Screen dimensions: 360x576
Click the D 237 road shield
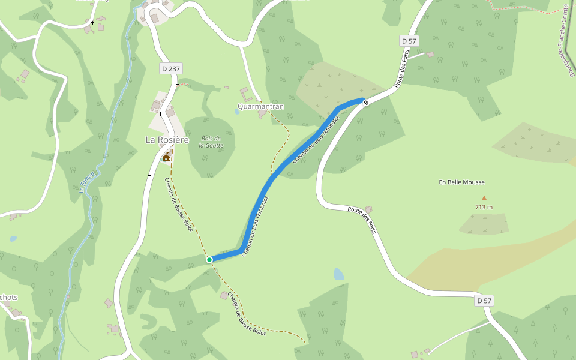[x=171, y=69]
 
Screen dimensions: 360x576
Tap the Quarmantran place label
[x=260, y=106]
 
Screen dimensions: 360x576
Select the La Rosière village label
[x=167, y=140]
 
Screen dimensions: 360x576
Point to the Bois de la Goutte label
[x=211, y=142]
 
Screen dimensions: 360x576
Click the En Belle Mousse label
[x=461, y=182]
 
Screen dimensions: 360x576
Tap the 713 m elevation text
[x=484, y=207]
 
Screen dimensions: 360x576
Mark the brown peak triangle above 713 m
[x=484, y=197]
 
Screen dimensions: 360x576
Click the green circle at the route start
[x=209, y=260]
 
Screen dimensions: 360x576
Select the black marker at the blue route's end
[x=366, y=102]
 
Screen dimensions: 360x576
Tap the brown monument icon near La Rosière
[x=166, y=157]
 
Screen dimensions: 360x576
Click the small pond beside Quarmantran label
[x=237, y=112]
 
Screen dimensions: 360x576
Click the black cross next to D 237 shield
[x=178, y=85]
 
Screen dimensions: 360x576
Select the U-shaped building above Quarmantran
[x=245, y=94]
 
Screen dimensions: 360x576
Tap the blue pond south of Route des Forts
[x=339, y=274]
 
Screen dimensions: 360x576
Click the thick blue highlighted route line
[x=270, y=180]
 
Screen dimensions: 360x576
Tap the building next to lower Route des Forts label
[x=368, y=209]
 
